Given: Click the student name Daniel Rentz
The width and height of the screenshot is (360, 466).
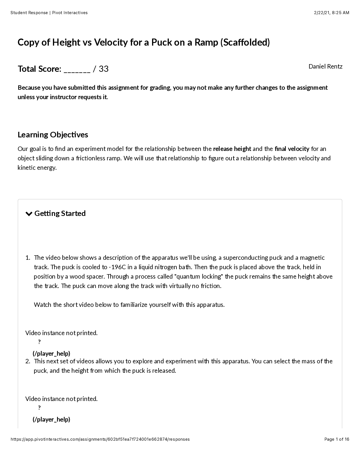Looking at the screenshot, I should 325,66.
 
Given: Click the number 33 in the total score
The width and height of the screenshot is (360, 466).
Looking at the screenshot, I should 104,69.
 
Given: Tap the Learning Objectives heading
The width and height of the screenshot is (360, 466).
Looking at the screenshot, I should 53,135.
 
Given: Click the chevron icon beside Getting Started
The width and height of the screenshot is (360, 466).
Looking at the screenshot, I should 29,214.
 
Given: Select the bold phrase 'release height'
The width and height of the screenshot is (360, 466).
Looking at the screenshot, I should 232,149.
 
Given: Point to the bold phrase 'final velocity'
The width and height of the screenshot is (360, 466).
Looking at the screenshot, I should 292,149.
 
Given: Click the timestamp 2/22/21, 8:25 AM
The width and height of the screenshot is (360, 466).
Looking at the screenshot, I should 331,13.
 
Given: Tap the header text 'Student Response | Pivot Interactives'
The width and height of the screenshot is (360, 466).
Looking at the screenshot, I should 49,13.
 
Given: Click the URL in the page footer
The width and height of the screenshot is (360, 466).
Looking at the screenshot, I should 100,439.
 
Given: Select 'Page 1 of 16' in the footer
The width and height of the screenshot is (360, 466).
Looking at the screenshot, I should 337,439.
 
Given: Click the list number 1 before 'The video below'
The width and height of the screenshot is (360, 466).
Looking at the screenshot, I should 28,258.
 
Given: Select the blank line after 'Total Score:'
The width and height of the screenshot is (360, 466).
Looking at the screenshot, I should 77,69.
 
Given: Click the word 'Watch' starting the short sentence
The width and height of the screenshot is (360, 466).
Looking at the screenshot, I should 43,305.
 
